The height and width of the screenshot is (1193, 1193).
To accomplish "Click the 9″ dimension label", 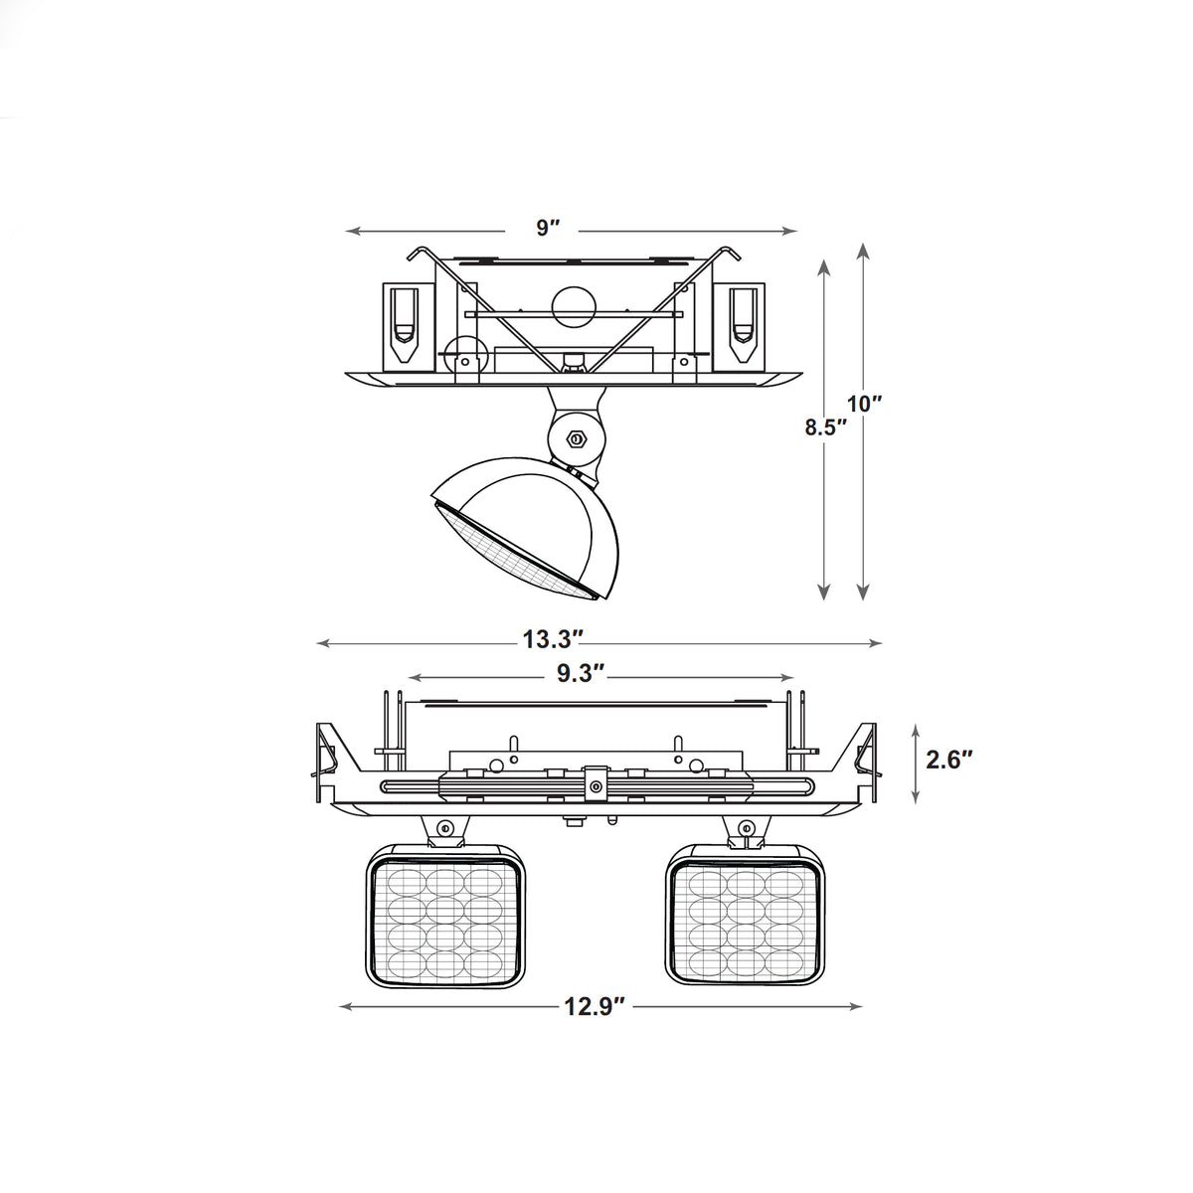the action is [548, 228].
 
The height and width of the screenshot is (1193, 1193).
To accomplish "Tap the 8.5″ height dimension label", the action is [825, 427].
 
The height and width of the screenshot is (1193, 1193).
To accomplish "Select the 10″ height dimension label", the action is [864, 405].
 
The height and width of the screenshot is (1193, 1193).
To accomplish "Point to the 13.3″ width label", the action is [554, 639].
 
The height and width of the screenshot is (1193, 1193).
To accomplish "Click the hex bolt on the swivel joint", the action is [576, 439].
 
